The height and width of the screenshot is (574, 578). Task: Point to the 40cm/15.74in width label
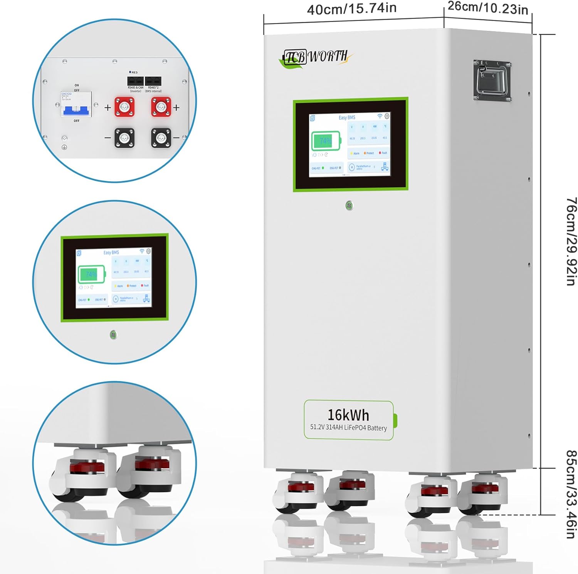click(x=351, y=8)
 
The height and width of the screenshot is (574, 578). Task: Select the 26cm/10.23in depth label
click(x=488, y=8)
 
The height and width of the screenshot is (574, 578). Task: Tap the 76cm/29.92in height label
click(x=571, y=241)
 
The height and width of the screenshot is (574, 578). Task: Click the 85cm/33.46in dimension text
click(x=571, y=494)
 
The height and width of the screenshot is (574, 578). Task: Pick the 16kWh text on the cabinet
click(x=348, y=415)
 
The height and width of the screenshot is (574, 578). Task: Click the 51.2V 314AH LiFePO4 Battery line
click(x=348, y=427)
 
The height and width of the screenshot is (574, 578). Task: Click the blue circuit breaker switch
click(x=76, y=110)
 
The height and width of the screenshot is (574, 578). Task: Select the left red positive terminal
click(x=124, y=107)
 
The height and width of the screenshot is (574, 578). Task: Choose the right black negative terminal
click(x=161, y=138)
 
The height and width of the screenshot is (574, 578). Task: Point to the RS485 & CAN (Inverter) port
click(x=136, y=81)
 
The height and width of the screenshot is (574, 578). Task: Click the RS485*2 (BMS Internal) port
click(x=153, y=81)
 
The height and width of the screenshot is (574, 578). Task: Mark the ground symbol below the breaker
click(x=64, y=147)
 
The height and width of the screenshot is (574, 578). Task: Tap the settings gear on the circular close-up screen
click(x=148, y=251)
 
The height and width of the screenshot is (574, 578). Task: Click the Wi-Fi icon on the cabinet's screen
click(x=380, y=116)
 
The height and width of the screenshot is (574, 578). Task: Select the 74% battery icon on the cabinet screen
click(x=326, y=141)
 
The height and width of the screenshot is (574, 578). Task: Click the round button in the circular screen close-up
click(x=113, y=335)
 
